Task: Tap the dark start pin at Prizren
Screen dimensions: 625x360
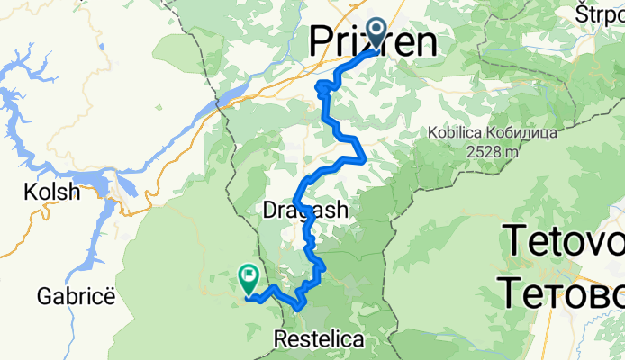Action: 376,35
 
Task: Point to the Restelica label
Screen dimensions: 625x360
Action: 320,340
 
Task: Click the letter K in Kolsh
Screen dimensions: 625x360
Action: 28,193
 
